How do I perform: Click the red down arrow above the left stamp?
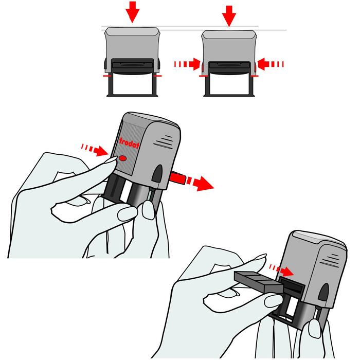pyautogui.click(x=133, y=11)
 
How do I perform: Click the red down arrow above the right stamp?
pyautogui.click(x=229, y=15)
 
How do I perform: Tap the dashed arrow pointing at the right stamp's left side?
pyautogui.click(x=187, y=64)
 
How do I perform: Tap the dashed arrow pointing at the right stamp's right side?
pyautogui.click(x=271, y=64)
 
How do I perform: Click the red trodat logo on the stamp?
pyautogui.click(x=129, y=143)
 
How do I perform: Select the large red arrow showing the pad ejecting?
pyautogui.click(x=200, y=183)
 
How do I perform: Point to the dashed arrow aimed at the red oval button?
pyautogui.click(x=94, y=150)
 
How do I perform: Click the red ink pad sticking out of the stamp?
pyautogui.click(x=177, y=177)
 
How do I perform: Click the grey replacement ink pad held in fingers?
pyautogui.click(x=258, y=282)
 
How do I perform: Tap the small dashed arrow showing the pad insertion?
pyautogui.click(x=281, y=270)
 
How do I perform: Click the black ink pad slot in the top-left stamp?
pyautogui.click(x=133, y=64)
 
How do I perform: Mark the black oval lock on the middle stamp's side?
pyautogui.click(x=157, y=174)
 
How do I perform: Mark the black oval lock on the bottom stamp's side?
pyautogui.click(x=323, y=292)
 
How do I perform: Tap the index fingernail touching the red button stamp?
pyautogui.click(x=111, y=160)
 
